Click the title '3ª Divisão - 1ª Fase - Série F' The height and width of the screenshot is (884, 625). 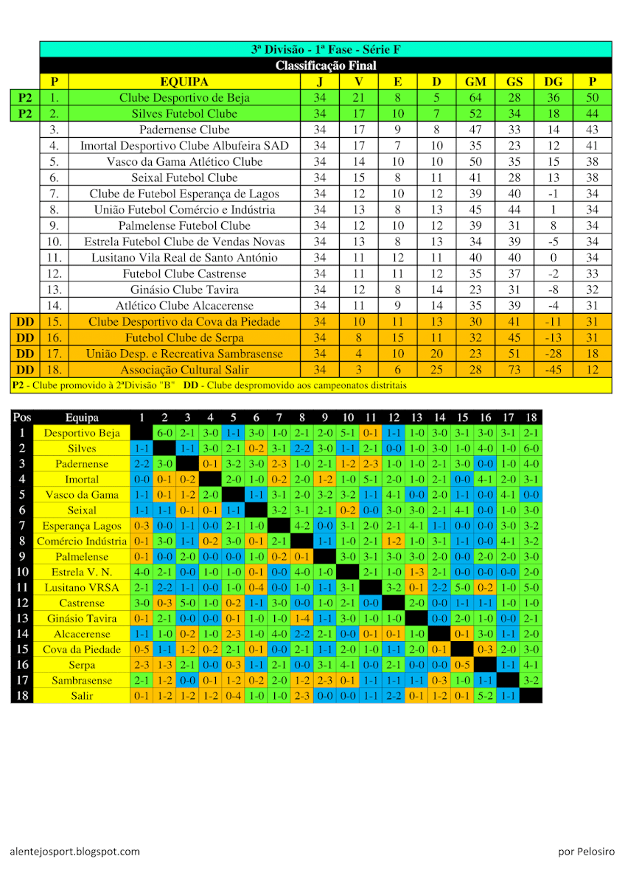coord(325,50)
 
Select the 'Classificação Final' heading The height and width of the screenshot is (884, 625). coord(325,66)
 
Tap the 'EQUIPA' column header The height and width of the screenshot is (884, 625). coord(184,82)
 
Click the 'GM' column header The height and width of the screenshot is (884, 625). coord(475,82)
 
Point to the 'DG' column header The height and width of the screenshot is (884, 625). coord(553,82)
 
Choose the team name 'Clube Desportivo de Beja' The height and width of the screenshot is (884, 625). coord(184,98)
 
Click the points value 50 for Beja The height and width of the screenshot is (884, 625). coord(592,98)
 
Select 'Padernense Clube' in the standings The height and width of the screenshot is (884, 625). coord(184,130)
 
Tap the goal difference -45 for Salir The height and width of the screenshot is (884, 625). coord(553,370)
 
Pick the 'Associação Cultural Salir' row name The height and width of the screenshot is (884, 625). coord(184,370)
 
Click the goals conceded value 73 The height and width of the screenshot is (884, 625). coord(514,370)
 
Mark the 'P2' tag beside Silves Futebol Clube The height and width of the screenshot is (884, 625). coord(25,114)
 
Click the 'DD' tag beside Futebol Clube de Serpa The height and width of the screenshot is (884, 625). coord(25,338)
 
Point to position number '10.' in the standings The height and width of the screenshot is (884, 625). coord(54,242)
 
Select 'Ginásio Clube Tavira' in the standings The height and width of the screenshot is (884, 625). coord(184,290)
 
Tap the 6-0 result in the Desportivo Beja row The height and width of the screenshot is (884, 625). coord(164,433)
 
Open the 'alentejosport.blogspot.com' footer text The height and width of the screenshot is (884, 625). coord(74,852)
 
